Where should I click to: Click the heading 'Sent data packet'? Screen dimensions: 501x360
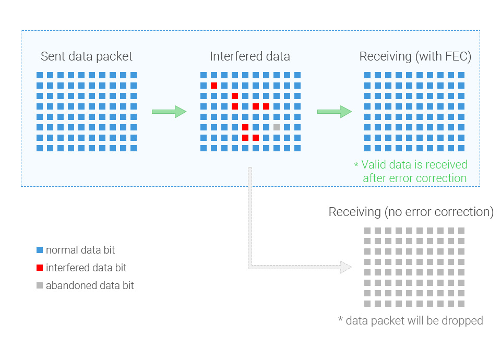tap(86, 56)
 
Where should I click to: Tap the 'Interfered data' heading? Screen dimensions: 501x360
tap(250, 56)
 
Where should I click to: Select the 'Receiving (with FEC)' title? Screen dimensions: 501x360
tap(415, 56)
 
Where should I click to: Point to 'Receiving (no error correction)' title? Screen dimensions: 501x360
tap(411, 212)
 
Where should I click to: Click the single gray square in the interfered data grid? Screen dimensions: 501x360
tap(277, 127)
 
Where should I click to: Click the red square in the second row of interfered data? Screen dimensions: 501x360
tap(214, 86)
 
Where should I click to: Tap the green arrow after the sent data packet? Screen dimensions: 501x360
tap(169, 112)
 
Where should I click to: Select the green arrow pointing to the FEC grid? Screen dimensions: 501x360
tap(335, 112)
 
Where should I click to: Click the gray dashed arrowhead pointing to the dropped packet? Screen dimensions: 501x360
tap(346, 267)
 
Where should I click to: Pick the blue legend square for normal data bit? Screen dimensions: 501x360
tap(40, 250)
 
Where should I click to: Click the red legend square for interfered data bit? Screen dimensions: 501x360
tap(40, 268)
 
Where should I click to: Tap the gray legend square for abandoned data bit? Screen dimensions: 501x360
tap(40, 285)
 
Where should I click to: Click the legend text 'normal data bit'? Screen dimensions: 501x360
tap(80, 250)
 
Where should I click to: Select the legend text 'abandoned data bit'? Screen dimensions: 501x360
tap(90, 285)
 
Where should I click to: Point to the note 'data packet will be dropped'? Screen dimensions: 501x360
tap(414, 321)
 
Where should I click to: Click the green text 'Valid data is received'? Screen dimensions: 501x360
tap(414, 164)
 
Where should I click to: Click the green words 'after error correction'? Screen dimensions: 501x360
tap(415, 178)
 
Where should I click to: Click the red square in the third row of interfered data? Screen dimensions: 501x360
tap(235, 96)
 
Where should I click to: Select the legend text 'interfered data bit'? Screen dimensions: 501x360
tap(86, 268)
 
